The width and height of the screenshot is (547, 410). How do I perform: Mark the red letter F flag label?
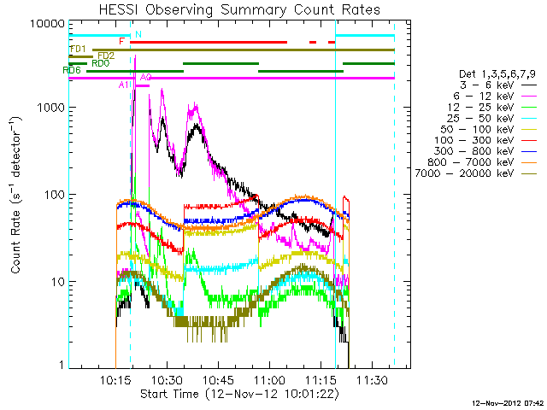click(122, 41)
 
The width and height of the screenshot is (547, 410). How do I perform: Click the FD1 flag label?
click(77, 49)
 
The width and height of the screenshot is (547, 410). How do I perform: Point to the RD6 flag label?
click(72, 70)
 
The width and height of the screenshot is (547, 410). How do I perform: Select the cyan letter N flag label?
click(138, 33)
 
